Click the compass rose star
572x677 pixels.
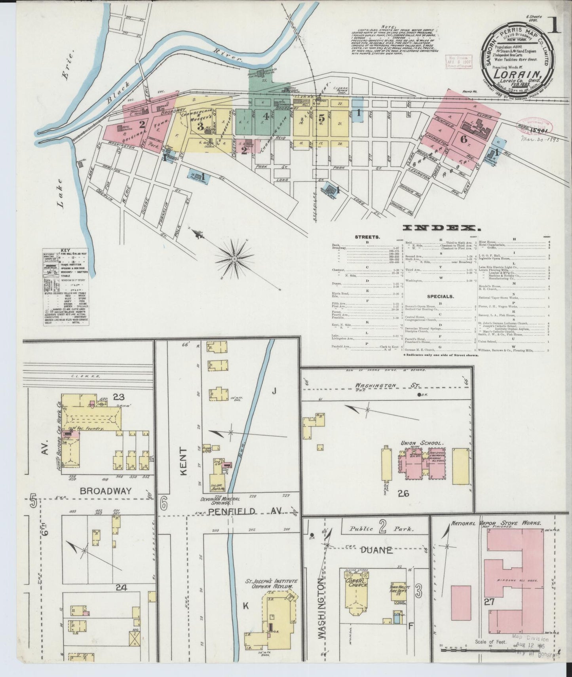pyautogui.click(x=234, y=259)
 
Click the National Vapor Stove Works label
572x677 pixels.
pyautogui.click(x=496, y=523)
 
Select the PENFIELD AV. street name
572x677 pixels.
pyautogui.click(x=242, y=512)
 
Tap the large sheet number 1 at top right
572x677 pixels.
pyautogui.click(x=554, y=25)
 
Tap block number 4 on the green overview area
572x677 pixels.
pyautogui.click(x=266, y=116)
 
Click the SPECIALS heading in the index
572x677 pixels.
pyautogui.click(x=440, y=296)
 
